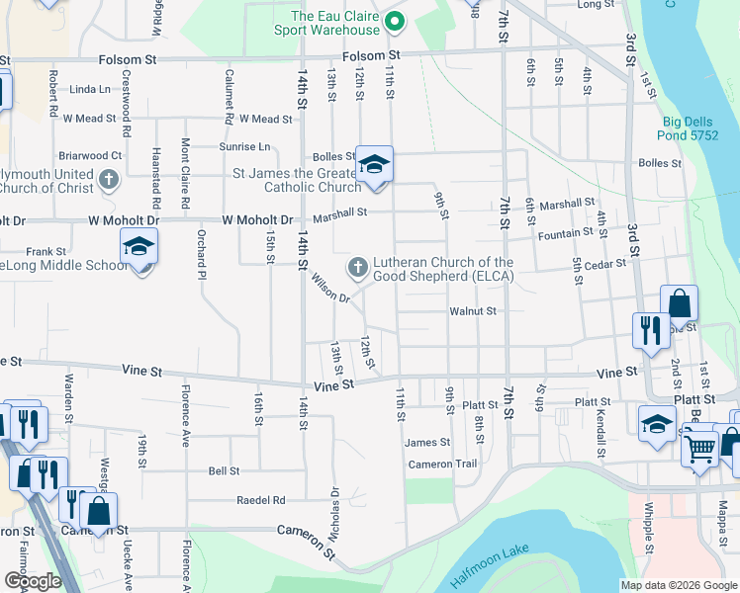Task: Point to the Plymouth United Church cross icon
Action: [109, 180]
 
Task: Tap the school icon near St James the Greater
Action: [374, 164]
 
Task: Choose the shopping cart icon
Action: [700, 449]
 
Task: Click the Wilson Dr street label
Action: [331, 291]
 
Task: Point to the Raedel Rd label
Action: [260, 500]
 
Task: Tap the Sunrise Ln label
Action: [250, 146]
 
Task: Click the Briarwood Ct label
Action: [89, 155]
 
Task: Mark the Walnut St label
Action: [472, 311]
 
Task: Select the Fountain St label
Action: [564, 236]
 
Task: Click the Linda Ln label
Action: [90, 89]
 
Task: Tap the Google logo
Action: [33, 581]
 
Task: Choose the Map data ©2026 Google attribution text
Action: [679, 585]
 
